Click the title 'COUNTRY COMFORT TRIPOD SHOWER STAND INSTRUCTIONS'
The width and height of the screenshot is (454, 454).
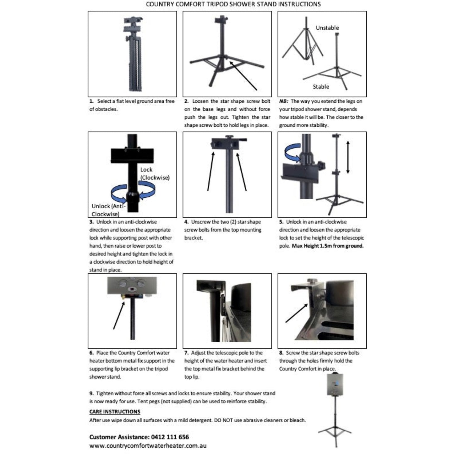coord(233,4)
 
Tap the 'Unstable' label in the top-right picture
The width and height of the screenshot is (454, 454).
coord(327,28)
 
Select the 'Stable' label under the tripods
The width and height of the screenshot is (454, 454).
coord(321,87)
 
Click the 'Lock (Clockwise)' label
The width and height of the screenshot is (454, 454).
coord(155,174)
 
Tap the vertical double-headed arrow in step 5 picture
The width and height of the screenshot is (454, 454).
coord(347,157)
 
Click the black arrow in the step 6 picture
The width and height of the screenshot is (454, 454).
coord(119,315)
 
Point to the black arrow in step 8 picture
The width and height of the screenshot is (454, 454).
coord(297,313)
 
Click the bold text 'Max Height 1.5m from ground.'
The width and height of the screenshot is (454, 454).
coord(327,246)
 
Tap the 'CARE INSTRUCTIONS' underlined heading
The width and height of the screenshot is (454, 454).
coord(115,412)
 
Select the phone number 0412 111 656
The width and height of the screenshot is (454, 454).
coord(170,437)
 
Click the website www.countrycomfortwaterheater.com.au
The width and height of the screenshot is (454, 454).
coord(148,446)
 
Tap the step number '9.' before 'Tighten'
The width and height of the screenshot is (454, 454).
coord(91,393)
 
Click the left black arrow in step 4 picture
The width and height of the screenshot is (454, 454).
coord(211,171)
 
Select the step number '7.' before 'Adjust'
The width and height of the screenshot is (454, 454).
coord(186,353)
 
